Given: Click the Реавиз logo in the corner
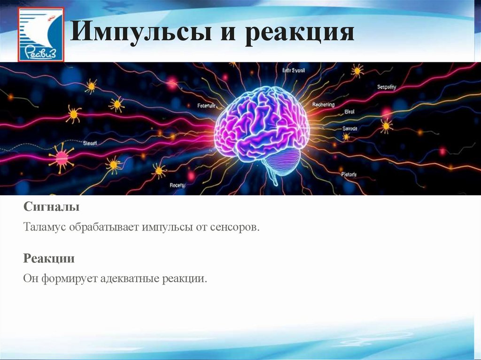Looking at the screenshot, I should (x=41, y=35).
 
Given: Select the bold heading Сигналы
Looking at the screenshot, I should (x=51, y=207).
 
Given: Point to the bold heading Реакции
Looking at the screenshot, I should (x=49, y=259).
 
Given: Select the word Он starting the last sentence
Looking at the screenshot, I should (x=31, y=279).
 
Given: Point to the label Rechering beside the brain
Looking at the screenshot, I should (x=323, y=105).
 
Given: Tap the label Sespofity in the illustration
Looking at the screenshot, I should (x=387, y=87).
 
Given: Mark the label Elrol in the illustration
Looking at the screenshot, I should (x=350, y=112).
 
